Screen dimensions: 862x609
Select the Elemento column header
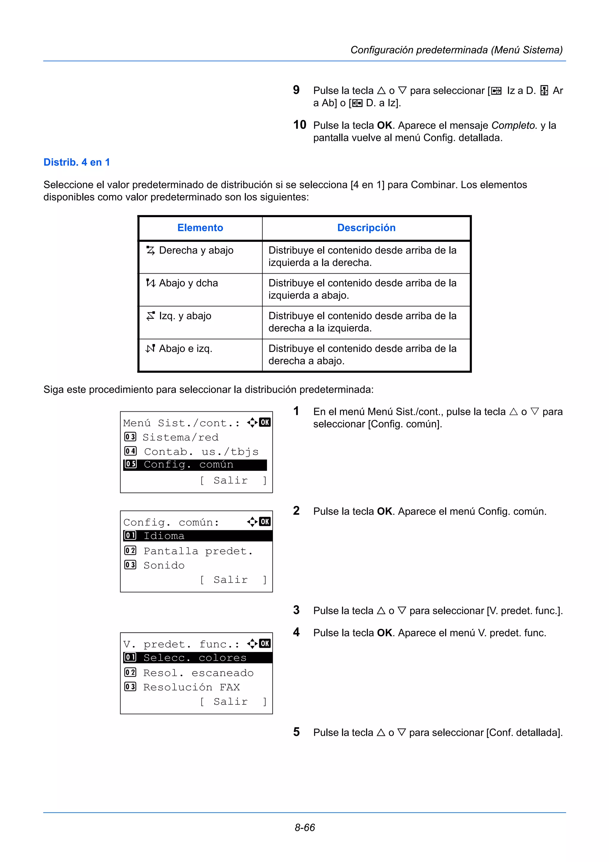tap(200, 228)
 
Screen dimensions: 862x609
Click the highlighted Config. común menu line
tap(195, 465)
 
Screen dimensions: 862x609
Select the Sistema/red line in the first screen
tap(180, 437)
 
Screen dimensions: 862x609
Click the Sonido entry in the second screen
tap(164, 565)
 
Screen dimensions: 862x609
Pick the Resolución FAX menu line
tap(192, 687)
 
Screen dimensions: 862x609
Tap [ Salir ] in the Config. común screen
tap(233, 580)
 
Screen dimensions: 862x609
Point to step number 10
tap(299, 125)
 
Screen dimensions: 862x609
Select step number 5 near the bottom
tap(296, 732)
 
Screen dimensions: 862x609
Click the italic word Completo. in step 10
tap(514, 126)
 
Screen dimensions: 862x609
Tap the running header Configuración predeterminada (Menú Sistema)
tap(456, 50)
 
